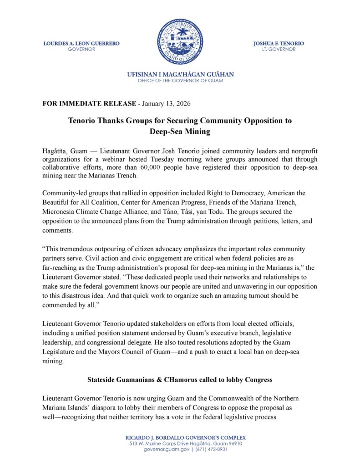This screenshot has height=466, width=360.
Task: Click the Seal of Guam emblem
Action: point(179,41)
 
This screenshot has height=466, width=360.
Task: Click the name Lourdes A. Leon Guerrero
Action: point(81,43)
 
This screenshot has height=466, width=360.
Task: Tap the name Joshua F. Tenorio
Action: point(279,43)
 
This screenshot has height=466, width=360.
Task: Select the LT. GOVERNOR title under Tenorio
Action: point(279,49)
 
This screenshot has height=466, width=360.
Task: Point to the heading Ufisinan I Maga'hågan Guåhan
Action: point(180,74)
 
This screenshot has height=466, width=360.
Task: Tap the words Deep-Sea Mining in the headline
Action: point(180,131)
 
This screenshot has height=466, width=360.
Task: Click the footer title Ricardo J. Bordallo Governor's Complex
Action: point(180,437)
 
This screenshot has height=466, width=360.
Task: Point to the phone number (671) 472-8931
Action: point(212,449)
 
